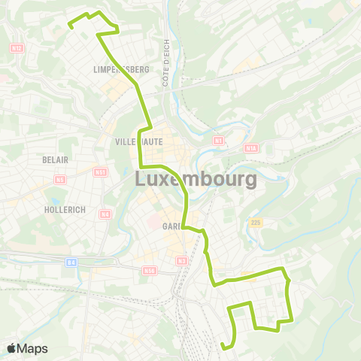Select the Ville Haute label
coord(135,141)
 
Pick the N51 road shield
coord(101,172)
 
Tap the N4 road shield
coord(105,214)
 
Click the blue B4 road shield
coord(71,262)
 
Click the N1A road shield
coord(250,149)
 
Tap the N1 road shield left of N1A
coord(219,140)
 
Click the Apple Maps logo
coord(27,348)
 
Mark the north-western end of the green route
coord(70,26)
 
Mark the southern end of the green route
coord(223,346)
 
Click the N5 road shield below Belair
coord(59,180)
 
